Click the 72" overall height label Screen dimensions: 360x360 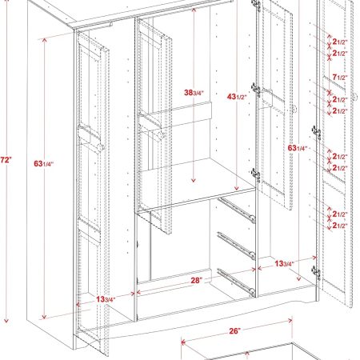(x=6, y=160)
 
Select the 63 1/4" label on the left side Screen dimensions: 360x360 (x=44, y=163)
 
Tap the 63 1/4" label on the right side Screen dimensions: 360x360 (x=298, y=148)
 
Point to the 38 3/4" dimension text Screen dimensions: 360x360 (x=194, y=93)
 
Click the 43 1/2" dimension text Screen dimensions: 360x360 (x=237, y=97)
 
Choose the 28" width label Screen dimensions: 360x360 (x=197, y=281)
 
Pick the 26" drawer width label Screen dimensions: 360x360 (x=234, y=331)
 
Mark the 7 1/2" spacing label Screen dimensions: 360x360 (x=340, y=78)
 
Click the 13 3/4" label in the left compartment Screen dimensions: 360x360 (x=106, y=299)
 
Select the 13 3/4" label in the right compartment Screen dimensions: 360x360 (x=285, y=263)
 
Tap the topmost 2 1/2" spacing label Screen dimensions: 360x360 (x=340, y=42)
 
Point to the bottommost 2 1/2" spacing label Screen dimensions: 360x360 (x=340, y=226)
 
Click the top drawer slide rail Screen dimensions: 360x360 (x=237, y=210)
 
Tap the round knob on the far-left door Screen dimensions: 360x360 (x=101, y=147)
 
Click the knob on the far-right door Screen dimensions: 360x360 (x=355, y=97)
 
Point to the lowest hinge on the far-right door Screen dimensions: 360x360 (x=317, y=273)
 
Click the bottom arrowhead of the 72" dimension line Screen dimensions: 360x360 (x=6, y=320)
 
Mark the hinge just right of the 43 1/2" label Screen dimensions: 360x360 (x=256, y=90)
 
